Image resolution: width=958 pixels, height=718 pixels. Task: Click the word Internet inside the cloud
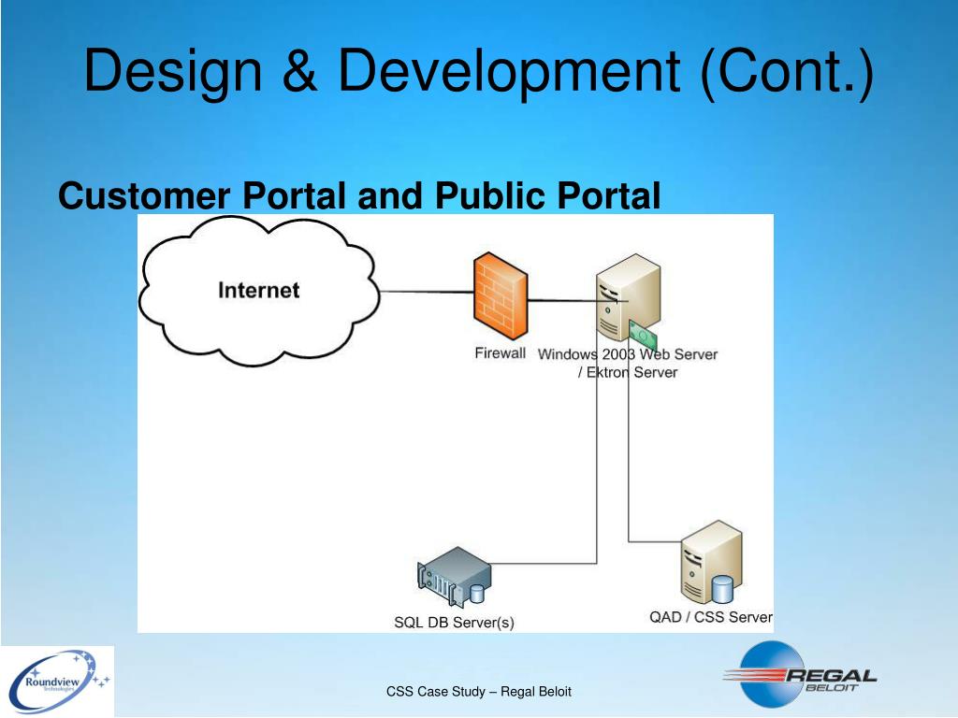(x=259, y=290)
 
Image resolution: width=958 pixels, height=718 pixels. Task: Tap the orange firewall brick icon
(x=500, y=300)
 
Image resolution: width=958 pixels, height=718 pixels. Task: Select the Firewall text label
(x=500, y=353)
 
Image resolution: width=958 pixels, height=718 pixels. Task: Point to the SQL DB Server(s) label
(x=454, y=622)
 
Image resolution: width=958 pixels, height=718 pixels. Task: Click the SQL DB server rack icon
(x=453, y=580)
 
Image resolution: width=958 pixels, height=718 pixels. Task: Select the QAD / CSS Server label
(x=711, y=617)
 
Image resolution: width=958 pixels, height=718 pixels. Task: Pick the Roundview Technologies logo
(x=57, y=681)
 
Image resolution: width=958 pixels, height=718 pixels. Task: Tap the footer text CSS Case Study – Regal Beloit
(x=479, y=692)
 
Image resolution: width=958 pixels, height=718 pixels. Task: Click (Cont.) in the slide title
(x=785, y=72)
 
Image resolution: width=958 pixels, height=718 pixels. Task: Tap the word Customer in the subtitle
(x=144, y=196)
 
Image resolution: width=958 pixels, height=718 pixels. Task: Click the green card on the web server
(x=644, y=331)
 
